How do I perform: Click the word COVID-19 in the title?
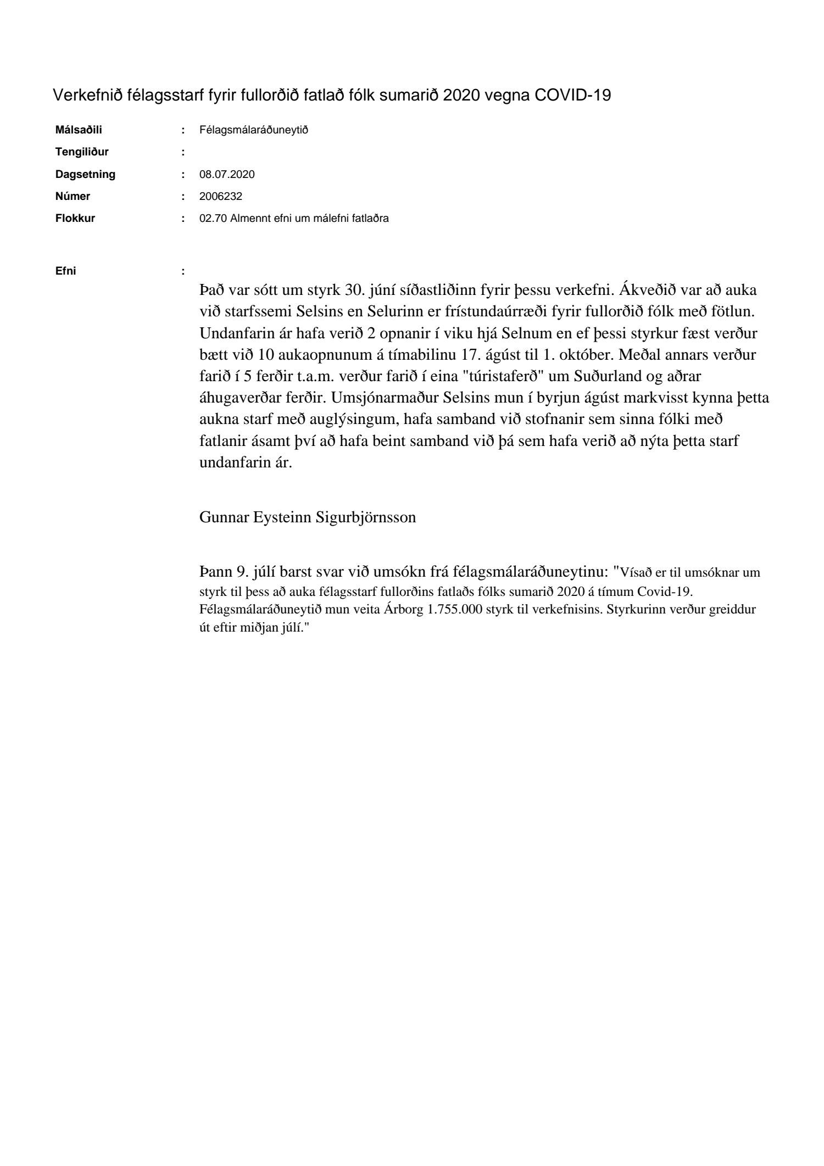pyautogui.click(x=572, y=96)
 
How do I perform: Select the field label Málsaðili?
pyautogui.click(x=79, y=130)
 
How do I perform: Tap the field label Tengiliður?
pyautogui.click(x=82, y=152)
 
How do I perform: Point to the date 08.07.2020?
pyautogui.click(x=227, y=175)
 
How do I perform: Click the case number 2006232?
pyautogui.click(x=221, y=196)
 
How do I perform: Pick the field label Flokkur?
pyautogui.click(x=75, y=218)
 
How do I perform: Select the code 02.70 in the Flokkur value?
pyautogui.click(x=213, y=218)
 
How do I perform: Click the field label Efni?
pyautogui.click(x=66, y=271)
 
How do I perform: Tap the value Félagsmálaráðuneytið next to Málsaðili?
pyautogui.click(x=254, y=130)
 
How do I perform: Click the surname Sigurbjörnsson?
pyautogui.click(x=366, y=517)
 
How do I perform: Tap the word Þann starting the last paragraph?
pyautogui.click(x=216, y=572)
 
